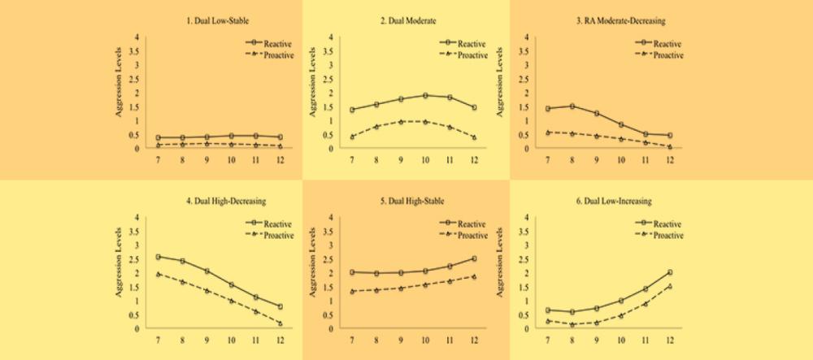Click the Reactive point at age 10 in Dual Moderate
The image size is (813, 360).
click(425, 95)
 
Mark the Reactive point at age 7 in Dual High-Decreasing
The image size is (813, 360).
click(158, 257)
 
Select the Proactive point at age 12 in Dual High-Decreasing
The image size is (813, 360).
click(280, 323)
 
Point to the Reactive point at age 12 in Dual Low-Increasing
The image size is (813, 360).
click(669, 272)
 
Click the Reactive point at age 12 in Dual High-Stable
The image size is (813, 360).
click(474, 258)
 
